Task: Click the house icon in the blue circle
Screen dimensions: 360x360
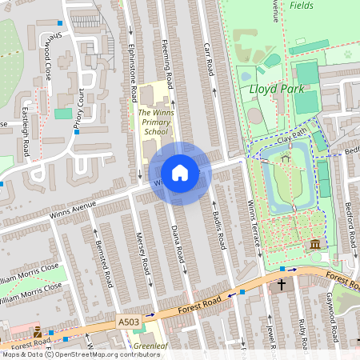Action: click(x=180, y=173)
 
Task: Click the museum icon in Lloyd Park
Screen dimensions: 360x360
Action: click(x=314, y=244)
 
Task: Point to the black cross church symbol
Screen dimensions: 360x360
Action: click(x=281, y=285)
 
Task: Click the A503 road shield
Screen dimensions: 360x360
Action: click(x=127, y=320)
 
